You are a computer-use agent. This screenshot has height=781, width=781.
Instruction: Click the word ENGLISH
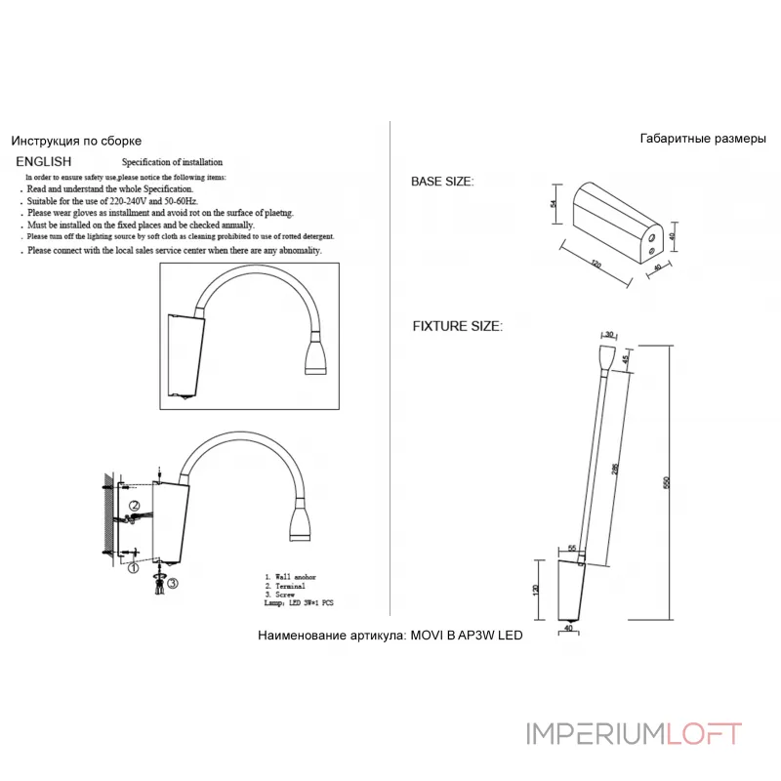(x=43, y=162)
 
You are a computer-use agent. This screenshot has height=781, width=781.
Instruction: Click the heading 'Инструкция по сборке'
(x=76, y=141)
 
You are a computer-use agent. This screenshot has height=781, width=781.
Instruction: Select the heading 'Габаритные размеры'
(x=703, y=139)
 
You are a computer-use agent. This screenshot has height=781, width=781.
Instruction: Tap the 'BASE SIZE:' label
(x=442, y=183)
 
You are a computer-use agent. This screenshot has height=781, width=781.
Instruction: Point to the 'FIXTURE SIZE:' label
(x=457, y=326)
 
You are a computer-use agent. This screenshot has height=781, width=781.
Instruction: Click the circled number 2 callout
(x=136, y=506)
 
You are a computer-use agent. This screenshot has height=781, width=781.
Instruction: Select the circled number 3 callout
(x=172, y=584)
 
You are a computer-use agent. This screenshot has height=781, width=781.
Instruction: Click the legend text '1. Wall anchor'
(x=291, y=579)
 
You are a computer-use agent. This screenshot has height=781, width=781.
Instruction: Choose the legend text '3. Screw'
(x=282, y=595)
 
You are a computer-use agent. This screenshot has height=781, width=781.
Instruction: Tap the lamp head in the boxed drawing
(x=317, y=356)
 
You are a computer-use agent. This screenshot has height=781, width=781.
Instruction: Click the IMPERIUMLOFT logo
(x=634, y=732)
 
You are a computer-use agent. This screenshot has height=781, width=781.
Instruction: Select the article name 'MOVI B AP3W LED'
(x=465, y=636)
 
